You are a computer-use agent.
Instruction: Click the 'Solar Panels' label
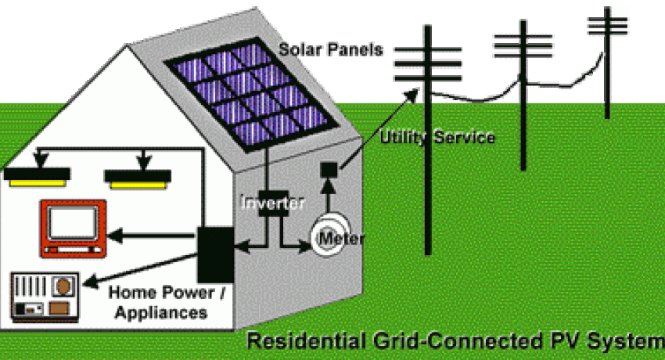pyautogui.click(x=332, y=49)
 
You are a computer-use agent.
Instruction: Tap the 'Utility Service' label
pyautogui.click(x=437, y=138)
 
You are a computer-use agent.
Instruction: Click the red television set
pyautogui.click(x=74, y=228)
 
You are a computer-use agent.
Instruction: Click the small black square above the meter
pyautogui.click(x=329, y=169)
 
